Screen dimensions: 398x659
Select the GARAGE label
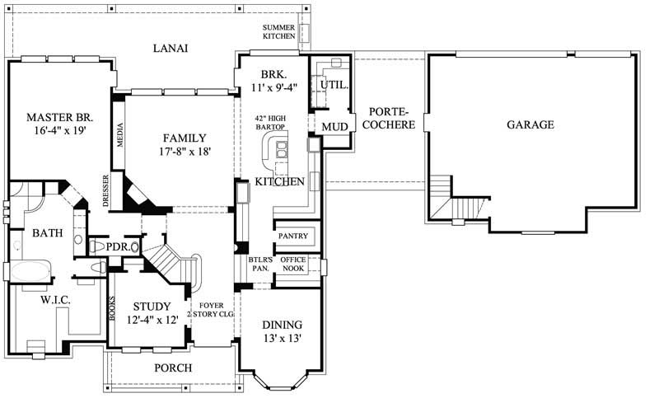(x=530, y=125)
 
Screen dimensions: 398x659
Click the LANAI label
(x=171, y=48)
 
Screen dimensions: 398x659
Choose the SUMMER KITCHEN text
(x=278, y=32)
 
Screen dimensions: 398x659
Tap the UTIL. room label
(x=334, y=85)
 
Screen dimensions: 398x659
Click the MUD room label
(x=334, y=127)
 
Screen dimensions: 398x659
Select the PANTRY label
(x=292, y=236)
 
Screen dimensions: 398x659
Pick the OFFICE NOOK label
(x=293, y=265)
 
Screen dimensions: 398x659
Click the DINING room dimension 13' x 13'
(x=282, y=338)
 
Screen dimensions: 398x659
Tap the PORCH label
(x=173, y=368)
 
